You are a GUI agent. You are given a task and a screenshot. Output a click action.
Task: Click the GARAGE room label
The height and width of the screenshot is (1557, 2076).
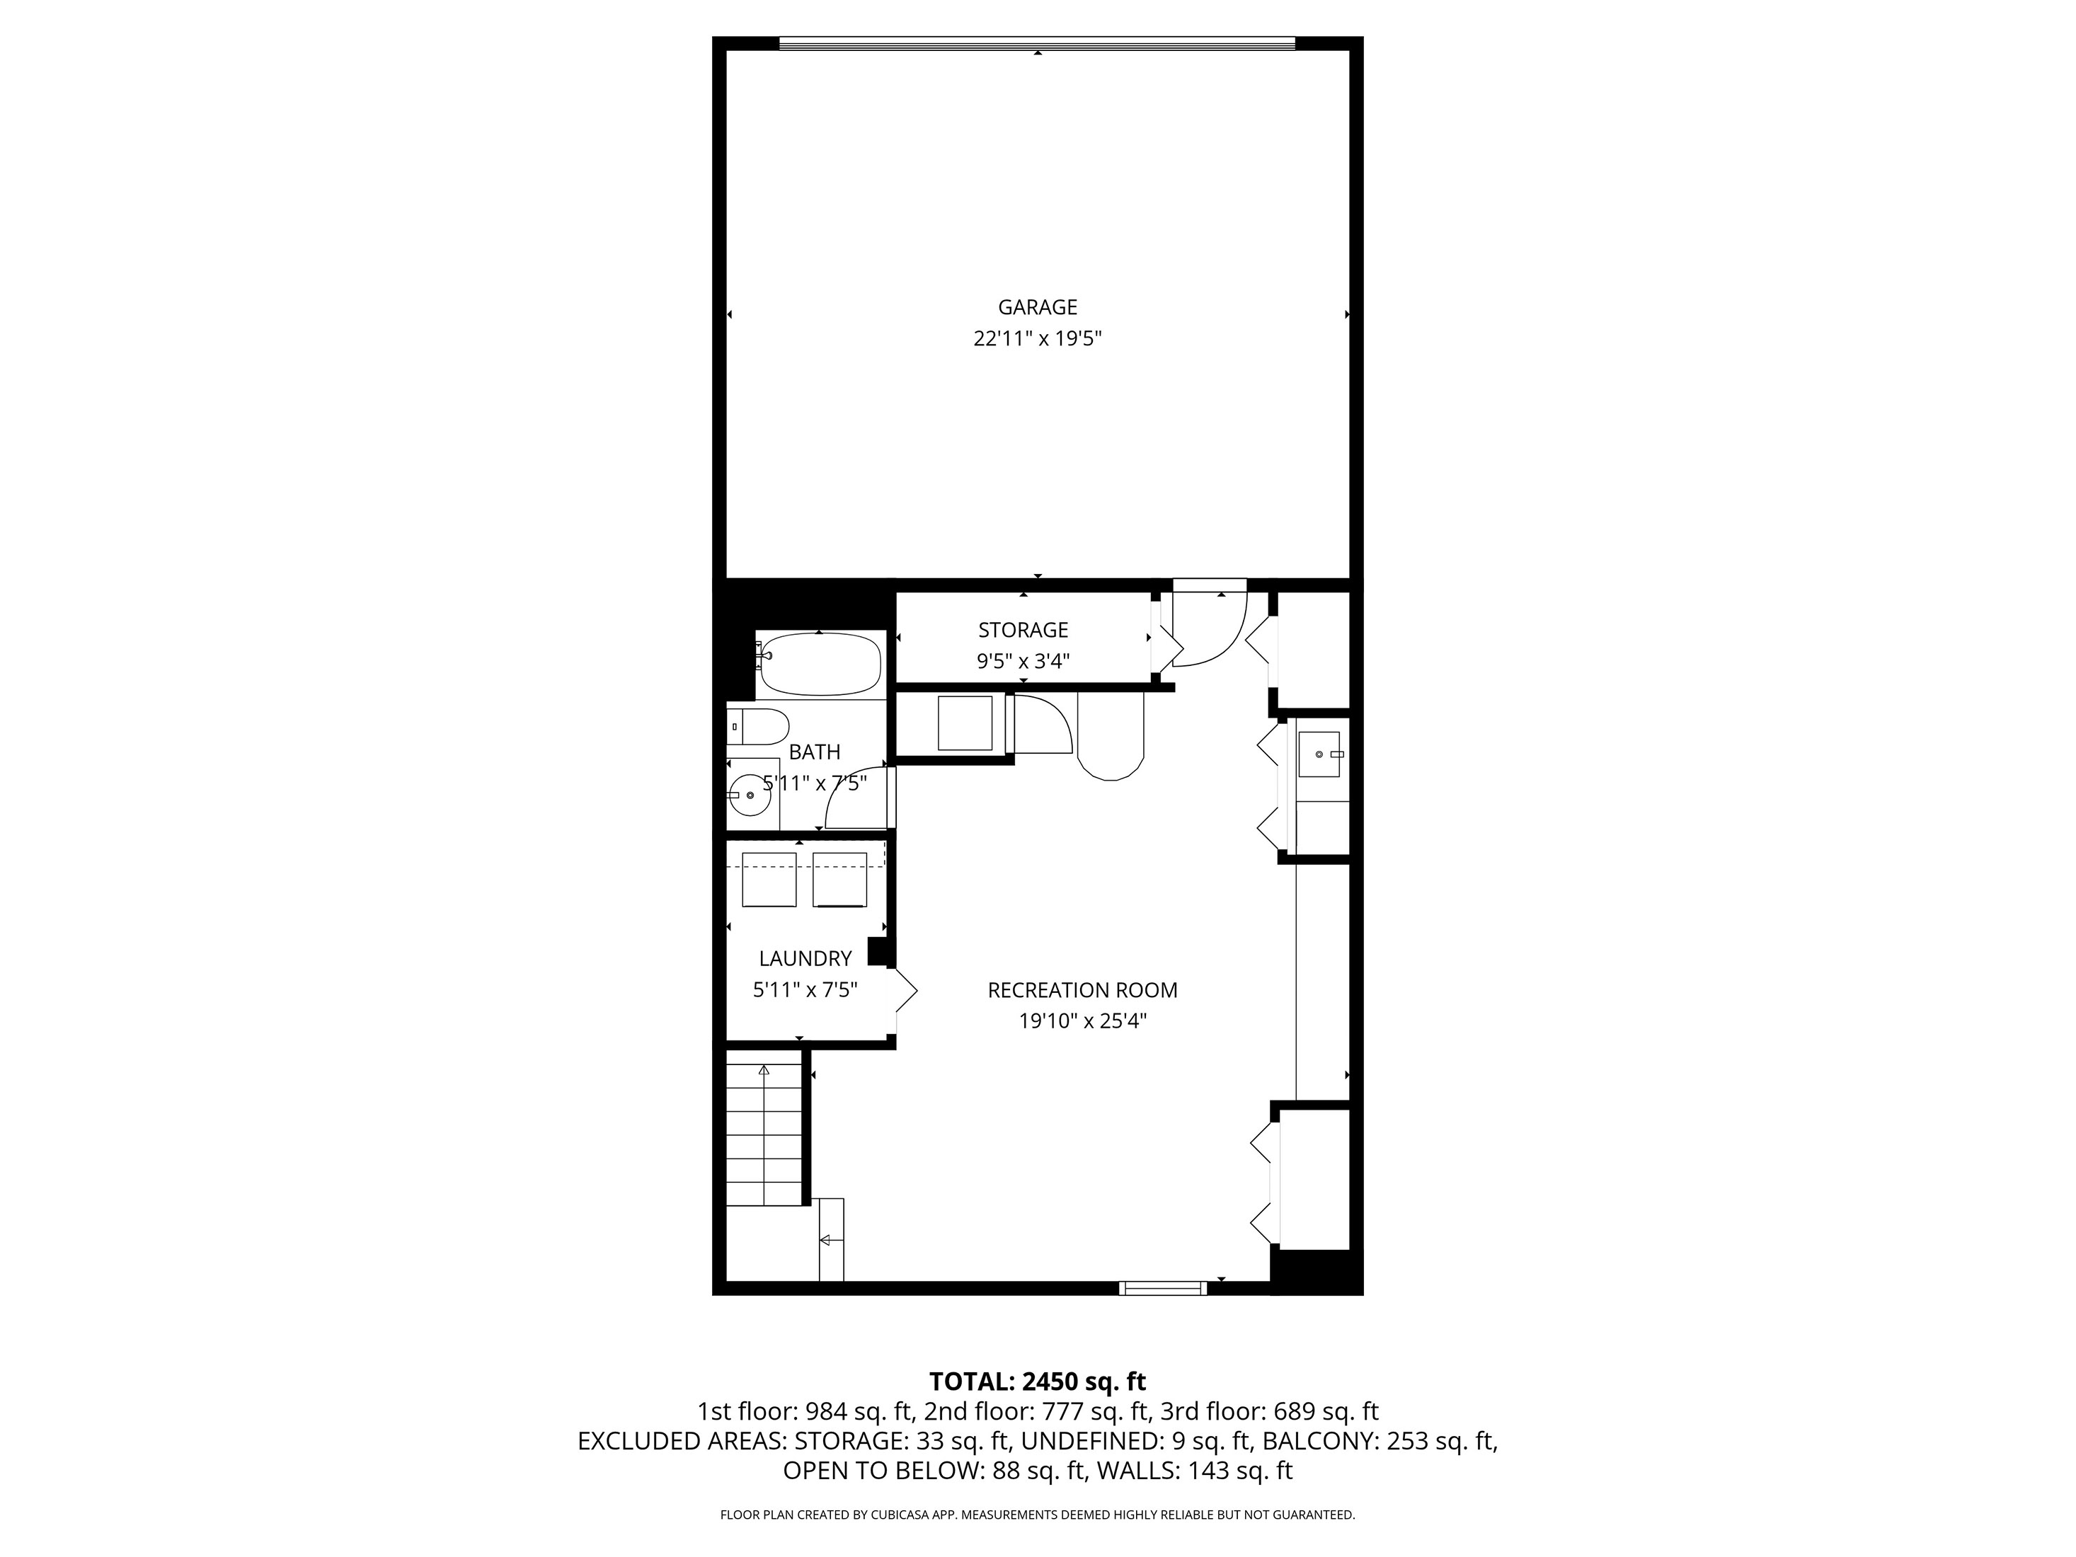(x=1037, y=307)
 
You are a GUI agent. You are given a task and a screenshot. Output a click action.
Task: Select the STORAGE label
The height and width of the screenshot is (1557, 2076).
(x=1023, y=630)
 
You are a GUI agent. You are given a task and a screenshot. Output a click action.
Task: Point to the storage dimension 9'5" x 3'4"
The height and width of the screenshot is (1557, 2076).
(x=1023, y=662)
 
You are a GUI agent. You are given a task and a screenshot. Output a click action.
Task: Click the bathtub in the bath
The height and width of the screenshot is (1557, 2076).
(x=820, y=665)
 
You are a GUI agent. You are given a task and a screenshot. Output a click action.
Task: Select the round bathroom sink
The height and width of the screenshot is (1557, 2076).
(x=749, y=795)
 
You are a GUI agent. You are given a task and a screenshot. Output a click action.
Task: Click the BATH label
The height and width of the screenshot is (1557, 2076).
(x=814, y=752)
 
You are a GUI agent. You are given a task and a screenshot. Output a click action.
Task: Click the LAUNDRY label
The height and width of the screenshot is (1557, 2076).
(x=805, y=958)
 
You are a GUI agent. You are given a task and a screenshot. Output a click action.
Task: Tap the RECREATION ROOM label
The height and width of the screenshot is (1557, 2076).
(x=1082, y=989)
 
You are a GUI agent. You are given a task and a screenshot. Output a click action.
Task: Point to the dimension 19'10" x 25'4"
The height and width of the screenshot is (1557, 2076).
(x=1082, y=1021)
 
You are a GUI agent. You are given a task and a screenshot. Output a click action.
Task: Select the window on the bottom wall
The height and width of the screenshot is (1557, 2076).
(x=1163, y=1287)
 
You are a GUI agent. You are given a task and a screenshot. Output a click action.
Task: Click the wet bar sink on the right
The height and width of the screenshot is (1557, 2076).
(x=1321, y=754)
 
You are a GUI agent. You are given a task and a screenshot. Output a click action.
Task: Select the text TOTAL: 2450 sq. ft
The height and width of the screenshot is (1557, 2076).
(x=1037, y=1381)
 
